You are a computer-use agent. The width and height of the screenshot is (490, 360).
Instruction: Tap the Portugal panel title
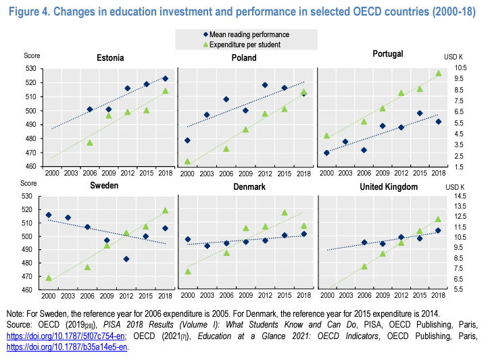388,53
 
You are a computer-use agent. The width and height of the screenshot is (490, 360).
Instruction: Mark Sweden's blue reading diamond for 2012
126,259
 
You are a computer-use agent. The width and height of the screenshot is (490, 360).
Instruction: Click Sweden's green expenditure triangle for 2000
49,278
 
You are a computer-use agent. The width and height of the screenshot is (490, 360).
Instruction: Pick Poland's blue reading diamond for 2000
187,140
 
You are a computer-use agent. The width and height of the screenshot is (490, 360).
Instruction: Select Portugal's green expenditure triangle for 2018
438,73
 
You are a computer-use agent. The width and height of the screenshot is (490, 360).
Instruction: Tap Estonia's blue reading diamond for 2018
166,78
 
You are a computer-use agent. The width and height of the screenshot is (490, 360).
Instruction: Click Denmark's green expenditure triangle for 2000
188,272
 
